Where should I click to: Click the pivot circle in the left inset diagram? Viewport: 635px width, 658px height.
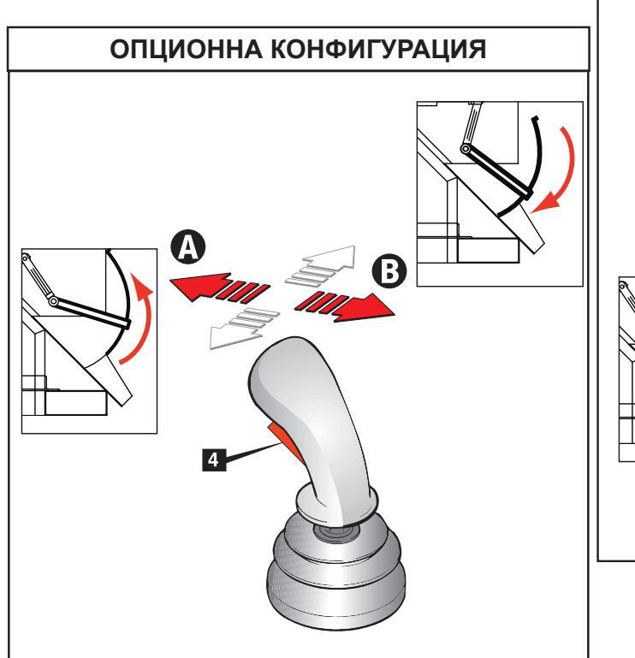click(54, 301)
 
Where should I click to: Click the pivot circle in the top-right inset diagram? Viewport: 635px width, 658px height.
click(466, 148)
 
